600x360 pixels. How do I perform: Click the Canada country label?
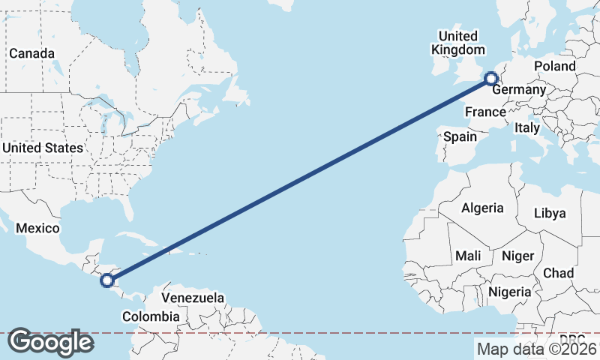point(31,54)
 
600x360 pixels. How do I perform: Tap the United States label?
point(42,148)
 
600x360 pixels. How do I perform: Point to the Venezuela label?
point(193,298)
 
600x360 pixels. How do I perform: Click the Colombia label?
point(151,316)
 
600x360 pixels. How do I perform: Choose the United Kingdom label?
point(457,43)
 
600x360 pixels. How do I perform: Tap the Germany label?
point(519,90)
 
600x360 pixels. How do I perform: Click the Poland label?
point(554,66)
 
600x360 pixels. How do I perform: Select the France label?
point(484,112)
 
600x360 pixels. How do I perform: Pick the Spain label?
point(460,136)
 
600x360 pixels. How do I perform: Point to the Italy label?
point(527,128)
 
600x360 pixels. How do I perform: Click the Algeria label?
point(482,208)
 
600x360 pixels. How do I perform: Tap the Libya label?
point(549,213)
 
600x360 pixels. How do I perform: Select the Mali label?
point(468,256)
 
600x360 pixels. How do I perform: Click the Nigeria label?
point(510,291)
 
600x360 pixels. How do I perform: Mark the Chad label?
point(558,272)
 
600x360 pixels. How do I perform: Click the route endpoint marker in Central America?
point(107,280)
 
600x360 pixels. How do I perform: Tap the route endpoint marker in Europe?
point(490,78)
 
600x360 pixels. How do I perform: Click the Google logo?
point(50,342)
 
